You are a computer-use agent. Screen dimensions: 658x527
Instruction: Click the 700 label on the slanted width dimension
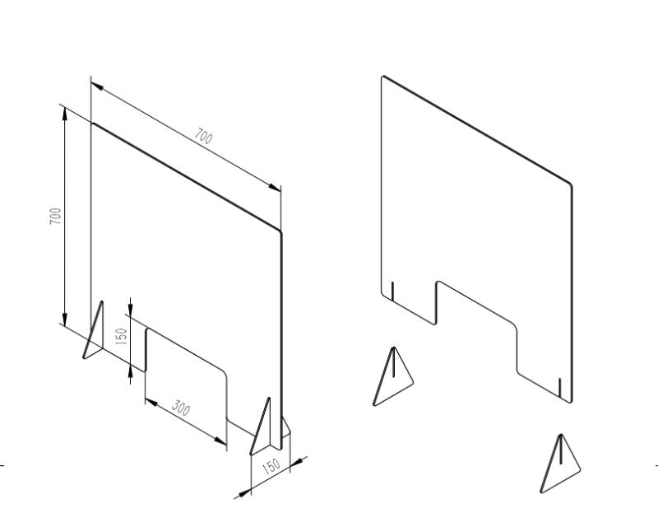[x=203, y=137]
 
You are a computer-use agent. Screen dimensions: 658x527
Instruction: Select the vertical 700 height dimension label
[x=56, y=216]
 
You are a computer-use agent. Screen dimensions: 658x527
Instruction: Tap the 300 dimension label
[x=181, y=408]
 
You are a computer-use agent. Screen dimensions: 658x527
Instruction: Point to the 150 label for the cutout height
[x=121, y=336]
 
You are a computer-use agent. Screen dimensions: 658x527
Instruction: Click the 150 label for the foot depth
[x=271, y=466]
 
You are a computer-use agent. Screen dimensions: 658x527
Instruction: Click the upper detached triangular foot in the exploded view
[x=393, y=376]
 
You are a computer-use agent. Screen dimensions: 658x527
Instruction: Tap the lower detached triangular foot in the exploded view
[x=560, y=464]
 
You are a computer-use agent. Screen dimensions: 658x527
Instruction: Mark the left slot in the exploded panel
[x=392, y=291]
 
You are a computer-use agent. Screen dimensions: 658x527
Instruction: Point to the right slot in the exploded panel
[x=560, y=388]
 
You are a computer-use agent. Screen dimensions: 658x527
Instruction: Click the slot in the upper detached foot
[x=394, y=362]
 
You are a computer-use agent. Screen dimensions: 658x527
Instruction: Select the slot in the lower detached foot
[x=561, y=450]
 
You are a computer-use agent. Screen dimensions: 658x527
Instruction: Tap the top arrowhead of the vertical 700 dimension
[x=65, y=114]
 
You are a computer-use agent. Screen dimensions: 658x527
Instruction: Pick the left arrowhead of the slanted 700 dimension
[x=97, y=86]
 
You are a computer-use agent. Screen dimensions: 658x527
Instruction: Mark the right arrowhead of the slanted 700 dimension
[x=275, y=188]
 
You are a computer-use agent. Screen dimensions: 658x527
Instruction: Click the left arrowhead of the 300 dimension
[x=151, y=403]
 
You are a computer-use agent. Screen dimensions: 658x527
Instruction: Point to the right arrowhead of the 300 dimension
[x=220, y=441]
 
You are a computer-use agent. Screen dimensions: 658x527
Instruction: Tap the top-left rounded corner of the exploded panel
[x=383, y=77]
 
